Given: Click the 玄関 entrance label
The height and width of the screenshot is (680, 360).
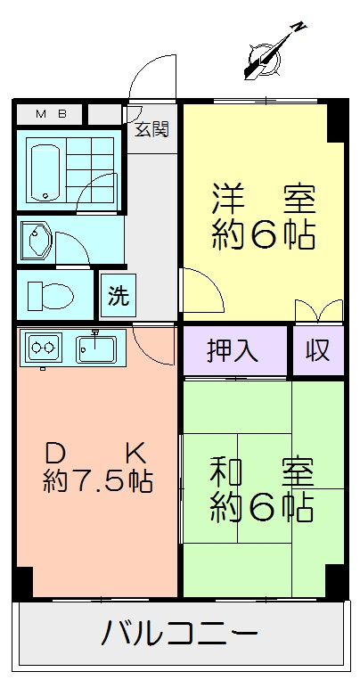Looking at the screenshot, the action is pyautogui.click(x=151, y=129).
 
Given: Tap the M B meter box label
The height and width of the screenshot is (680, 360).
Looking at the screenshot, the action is pyautogui.click(x=51, y=114).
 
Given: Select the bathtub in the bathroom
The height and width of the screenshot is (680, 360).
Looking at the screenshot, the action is pyautogui.click(x=45, y=172).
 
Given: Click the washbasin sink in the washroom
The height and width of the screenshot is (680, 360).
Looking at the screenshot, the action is pyautogui.click(x=36, y=239).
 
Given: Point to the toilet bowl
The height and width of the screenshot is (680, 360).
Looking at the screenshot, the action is pyautogui.click(x=51, y=296).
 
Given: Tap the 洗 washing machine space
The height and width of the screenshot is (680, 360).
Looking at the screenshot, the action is pyautogui.click(x=119, y=295).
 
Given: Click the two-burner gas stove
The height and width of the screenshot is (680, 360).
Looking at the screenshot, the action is pyautogui.click(x=44, y=347).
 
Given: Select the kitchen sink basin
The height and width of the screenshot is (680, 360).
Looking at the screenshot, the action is pyautogui.click(x=95, y=349).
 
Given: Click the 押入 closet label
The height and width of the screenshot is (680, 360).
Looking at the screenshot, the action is pyautogui.click(x=233, y=350).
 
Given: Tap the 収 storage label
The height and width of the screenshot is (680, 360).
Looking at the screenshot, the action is pyautogui.click(x=319, y=350).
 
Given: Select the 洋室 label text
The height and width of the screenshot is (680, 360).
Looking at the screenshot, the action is pyautogui.click(x=264, y=200).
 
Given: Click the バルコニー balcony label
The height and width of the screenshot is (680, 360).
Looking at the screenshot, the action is pyautogui.click(x=180, y=633).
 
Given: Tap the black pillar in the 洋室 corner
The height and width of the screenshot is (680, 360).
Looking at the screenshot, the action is pyautogui.click(x=337, y=122).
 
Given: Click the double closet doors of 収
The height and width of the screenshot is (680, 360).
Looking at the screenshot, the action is pyautogui.click(x=319, y=310).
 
